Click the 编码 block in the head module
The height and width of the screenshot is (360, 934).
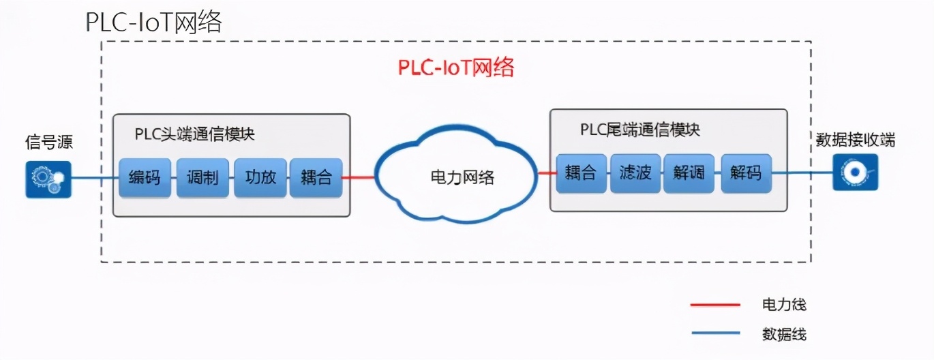click(x=145, y=178)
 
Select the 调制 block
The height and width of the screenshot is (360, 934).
click(x=202, y=178)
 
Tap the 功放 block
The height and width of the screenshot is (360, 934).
click(x=260, y=178)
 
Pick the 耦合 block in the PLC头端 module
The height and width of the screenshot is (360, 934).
click(x=316, y=178)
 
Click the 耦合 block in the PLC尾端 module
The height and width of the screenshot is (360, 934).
click(x=581, y=173)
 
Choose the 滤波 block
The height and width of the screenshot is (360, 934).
click(x=635, y=173)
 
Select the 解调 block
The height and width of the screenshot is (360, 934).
click(x=690, y=173)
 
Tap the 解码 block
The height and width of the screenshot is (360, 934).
click(x=745, y=173)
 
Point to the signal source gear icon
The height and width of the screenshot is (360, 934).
click(x=48, y=179)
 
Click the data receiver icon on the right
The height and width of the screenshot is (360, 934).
click(x=855, y=172)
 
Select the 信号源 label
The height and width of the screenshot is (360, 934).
click(x=49, y=142)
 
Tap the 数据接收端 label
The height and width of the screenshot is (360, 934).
click(x=856, y=140)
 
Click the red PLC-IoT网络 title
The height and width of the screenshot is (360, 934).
click(x=456, y=68)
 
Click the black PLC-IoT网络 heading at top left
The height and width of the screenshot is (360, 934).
click(x=154, y=22)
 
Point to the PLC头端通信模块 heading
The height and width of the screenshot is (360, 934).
click(x=194, y=134)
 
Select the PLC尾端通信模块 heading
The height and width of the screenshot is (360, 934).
click(x=640, y=129)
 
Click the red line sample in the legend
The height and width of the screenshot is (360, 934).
click(x=715, y=305)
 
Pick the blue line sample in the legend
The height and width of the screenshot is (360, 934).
click(x=715, y=333)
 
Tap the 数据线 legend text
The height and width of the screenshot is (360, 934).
click(x=784, y=334)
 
